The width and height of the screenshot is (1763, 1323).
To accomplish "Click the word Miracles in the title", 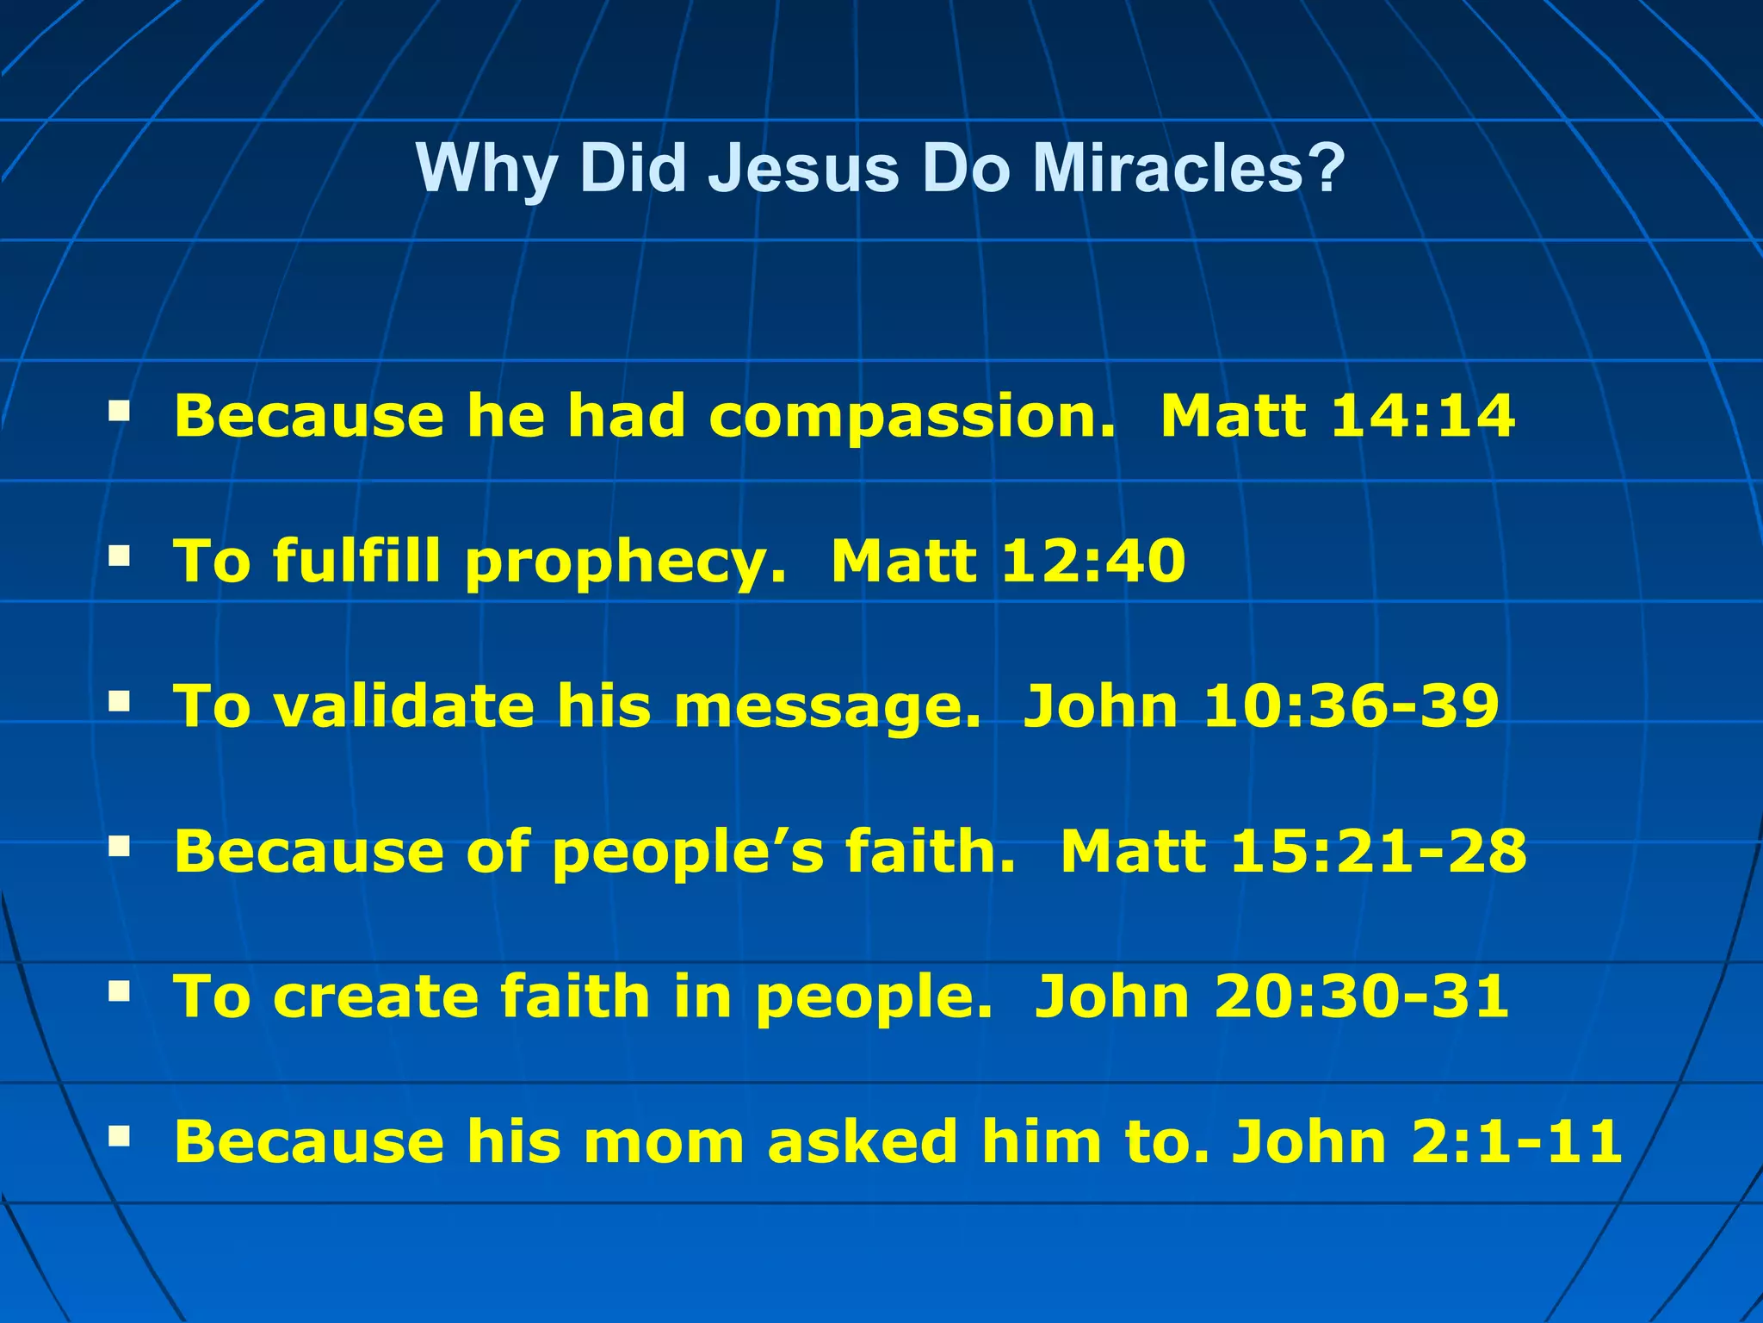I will point(1188,168).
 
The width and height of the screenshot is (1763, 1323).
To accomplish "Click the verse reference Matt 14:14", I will point(1337,416).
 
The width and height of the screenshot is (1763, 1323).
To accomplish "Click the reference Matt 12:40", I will point(1008,562).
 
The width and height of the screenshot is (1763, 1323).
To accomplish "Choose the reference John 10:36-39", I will point(1261,706).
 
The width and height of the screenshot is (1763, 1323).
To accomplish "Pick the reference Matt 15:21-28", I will point(1293,852).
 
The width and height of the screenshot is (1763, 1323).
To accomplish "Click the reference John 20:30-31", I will point(1271,997).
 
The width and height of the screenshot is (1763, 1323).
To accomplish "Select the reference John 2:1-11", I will point(1426,1142).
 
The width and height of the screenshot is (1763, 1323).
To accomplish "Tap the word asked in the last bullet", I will point(863,1142).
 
